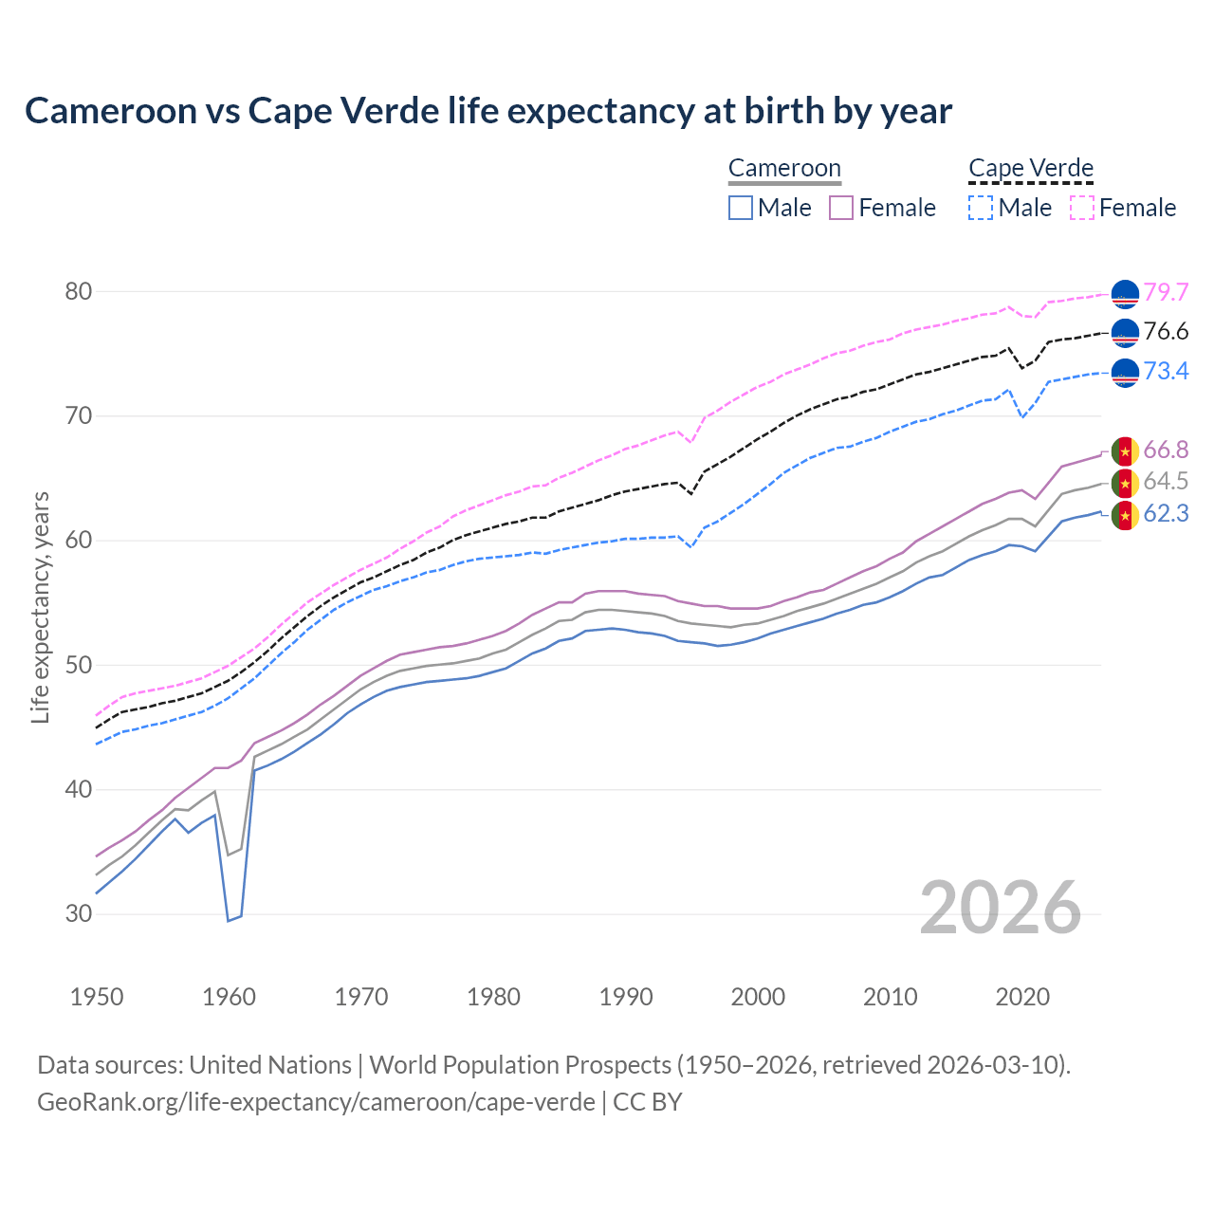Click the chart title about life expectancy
[487, 111]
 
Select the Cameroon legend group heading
[784, 168]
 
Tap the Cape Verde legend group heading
[1031, 168]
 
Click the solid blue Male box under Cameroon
[741, 208]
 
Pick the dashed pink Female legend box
[1082, 208]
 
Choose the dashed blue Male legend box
[981, 208]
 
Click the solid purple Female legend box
[841, 208]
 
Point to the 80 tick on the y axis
[78, 291]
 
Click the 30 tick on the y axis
[78, 914]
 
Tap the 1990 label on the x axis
[626, 997]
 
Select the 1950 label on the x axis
[97, 997]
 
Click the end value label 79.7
[1166, 293]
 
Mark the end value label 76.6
[1166, 332]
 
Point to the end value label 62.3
[1166, 514]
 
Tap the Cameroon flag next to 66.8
[1125, 451]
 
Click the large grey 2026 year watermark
[1000, 908]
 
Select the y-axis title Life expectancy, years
[40, 607]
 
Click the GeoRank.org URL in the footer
[316, 1102]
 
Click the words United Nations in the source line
[270, 1065]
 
